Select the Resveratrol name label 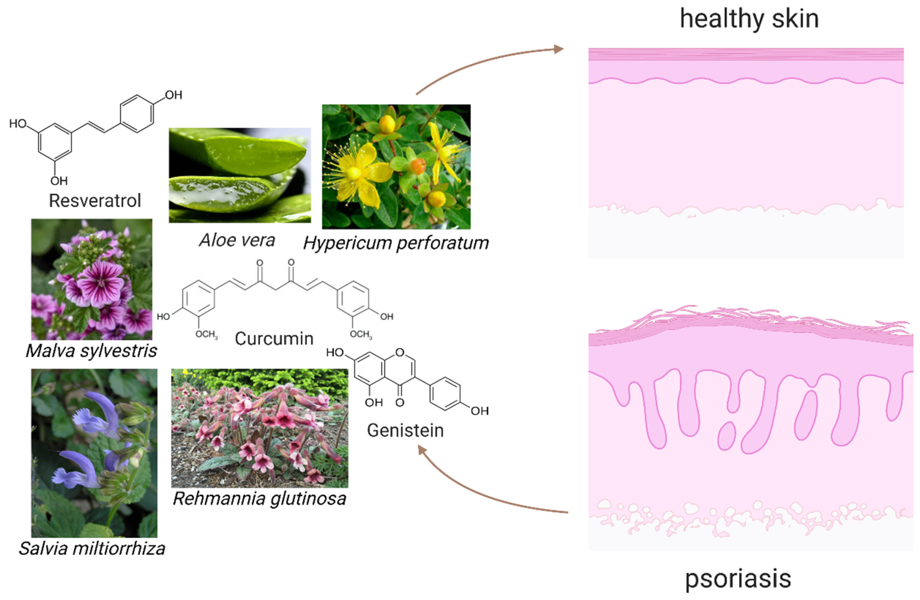pyautogui.click(x=95, y=201)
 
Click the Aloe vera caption pyautogui.click(x=237, y=241)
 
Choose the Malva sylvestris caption pyautogui.click(x=91, y=351)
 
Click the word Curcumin pyautogui.click(x=274, y=339)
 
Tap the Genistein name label pyautogui.click(x=405, y=431)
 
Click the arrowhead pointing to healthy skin pyautogui.click(x=559, y=49)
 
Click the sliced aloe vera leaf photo pyautogui.click(x=240, y=175)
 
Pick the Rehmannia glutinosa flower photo pyautogui.click(x=259, y=428)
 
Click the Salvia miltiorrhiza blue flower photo pyautogui.click(x=94, y=453)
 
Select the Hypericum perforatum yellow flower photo pyautogui.click(x=396, y=166)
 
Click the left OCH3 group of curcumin pyautogui.click(x=206, y=334)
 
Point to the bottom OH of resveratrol pyautogui.click(x=59, y=181)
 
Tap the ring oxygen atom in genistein pyautogui.click(x=400, y=352)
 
